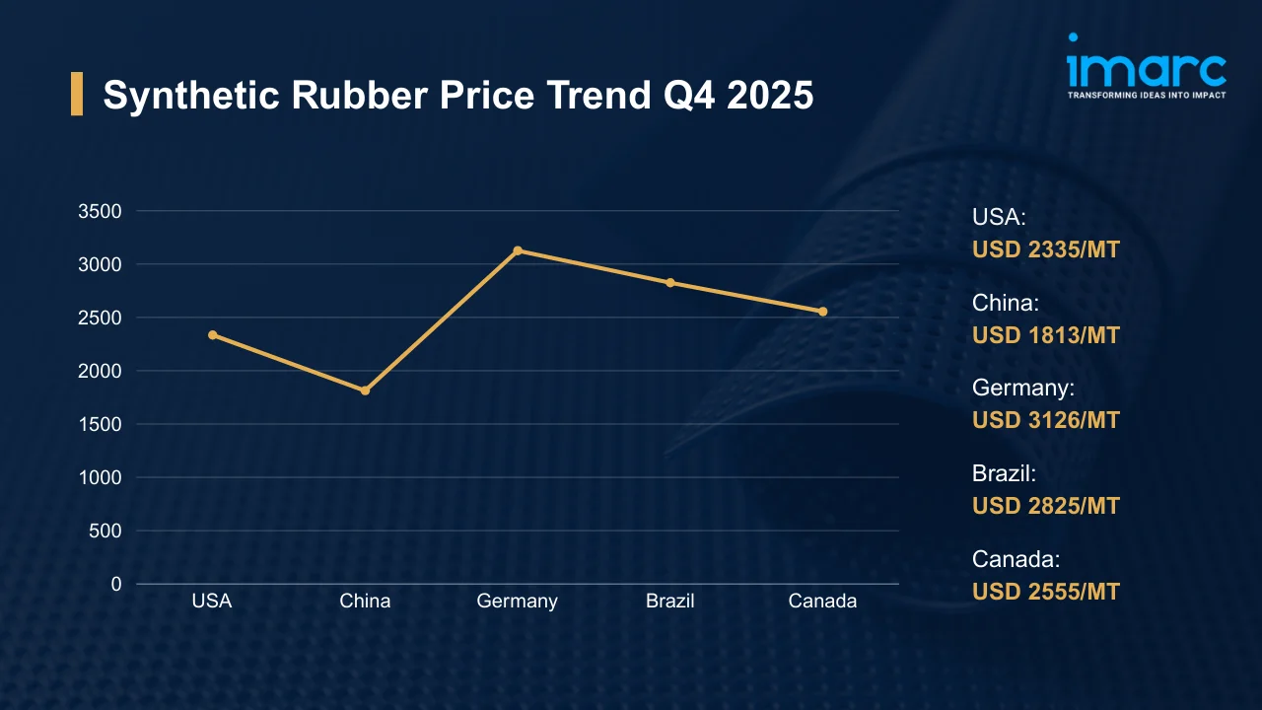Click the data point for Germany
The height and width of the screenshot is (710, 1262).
[x=518, y=250]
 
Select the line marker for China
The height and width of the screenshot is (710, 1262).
[x=365, y=390]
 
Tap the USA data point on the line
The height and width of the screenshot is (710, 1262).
[x=213, y=335]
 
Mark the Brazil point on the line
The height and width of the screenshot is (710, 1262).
[x=670, y=283]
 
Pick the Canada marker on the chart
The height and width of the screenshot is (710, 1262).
[x=823, y=312]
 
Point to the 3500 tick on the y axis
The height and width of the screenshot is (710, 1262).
[x=100, y=211]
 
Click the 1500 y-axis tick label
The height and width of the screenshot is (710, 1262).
[x=100, y=424]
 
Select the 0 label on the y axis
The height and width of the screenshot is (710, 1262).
[x=116, y=584]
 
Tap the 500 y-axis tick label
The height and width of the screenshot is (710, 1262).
[x=105, y=531]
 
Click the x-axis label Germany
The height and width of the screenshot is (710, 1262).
[x=517, y=601]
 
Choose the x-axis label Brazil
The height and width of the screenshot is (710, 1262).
[x=670, y=601]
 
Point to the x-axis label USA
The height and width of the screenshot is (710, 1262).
[x=212, y=601]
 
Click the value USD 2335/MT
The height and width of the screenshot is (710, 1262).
[x=1046, y=249]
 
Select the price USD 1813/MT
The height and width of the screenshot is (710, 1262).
[x=1046, y=335]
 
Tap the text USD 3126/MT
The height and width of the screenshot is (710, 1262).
[x=1046, y=420]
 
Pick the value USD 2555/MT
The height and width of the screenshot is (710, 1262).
[x=1046, y=592]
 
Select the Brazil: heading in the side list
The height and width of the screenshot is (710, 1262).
[x=1004, y=473]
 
